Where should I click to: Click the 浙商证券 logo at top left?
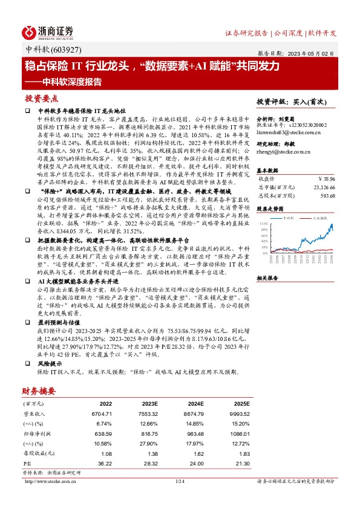(48, 32)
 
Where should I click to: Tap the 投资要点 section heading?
(42, 98)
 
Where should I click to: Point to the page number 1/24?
(179, 481)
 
